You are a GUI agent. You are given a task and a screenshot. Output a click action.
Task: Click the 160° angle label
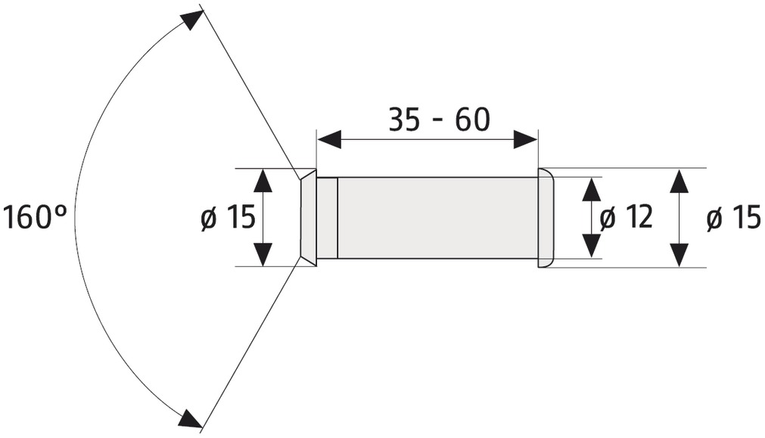click(x=35, y=217)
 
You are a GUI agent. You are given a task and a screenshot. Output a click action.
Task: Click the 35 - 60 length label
click(x=439, y=120)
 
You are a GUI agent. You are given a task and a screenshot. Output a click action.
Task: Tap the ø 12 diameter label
click(x=626, y=217)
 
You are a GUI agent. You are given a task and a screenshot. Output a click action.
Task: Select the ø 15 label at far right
click(x=733, y=217)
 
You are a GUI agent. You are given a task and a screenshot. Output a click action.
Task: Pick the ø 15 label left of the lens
click(x=228, y=217)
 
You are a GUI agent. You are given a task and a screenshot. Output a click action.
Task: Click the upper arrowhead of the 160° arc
click(x=191, y=21)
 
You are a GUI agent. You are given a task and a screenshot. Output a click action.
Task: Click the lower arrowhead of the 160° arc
click(x=191, y=419)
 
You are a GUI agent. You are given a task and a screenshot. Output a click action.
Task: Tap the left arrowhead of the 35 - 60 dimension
click(x=329, y=140)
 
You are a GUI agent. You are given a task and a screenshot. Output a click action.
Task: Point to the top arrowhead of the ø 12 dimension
click(x=591, y=189)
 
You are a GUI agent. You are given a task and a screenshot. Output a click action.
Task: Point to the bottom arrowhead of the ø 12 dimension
click(x=591, y=245)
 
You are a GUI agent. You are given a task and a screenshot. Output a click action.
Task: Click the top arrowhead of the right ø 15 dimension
click(x=679, y=181)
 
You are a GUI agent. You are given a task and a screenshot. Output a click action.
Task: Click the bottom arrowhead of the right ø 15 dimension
click(x=679, y=255)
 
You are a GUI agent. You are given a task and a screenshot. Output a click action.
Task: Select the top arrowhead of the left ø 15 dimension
click(x=263, y=181)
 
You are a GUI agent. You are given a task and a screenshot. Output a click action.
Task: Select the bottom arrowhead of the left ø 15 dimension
click(x=263, y=254)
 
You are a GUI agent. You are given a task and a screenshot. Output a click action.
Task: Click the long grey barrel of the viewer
click(x=437, y=218)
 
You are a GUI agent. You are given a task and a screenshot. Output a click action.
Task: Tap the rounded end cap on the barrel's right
click(x=546, y=218)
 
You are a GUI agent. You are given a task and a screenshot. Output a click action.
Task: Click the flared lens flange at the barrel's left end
click(x=308, y=218)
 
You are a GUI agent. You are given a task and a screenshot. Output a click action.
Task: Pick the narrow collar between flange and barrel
click(x=328, y=218)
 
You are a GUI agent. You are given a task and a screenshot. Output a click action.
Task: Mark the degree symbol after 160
click(x=61, y=211)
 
